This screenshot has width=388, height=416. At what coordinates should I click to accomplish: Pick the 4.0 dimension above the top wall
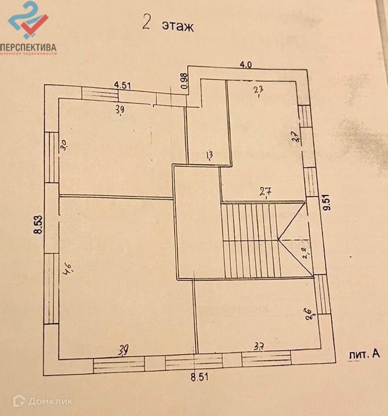coord(245,64)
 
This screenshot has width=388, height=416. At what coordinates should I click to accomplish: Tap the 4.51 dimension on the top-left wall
coord(123,86)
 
